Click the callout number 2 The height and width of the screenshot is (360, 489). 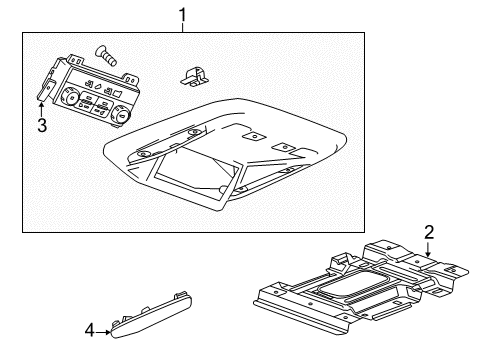coord(429,232)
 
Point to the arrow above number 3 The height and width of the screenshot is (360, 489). coord(42,108)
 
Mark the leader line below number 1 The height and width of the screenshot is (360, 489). coord(181,26)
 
